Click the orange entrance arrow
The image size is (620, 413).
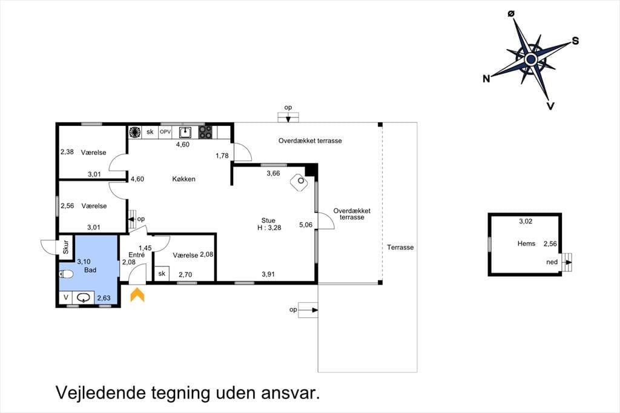pyautogui.click(x=137, y=295)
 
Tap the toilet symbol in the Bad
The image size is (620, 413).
pyautogui.click(x=66, y=274)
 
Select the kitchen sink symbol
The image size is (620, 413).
pyautogui.click(x=185, y=132)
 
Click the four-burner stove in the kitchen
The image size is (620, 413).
pyautogui.click(x=205, y=132)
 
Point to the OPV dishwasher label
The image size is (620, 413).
pyautogui.click(x=165, y=132)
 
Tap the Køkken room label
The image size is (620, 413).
pyautogui.click(x=184, y=179)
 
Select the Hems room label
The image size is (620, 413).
pyautogui.click(x=526, y=243)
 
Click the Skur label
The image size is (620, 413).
pyautogui.click(x=66, y=247)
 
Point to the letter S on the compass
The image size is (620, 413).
pyautogui.click(x=575, y=41)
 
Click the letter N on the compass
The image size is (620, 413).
pyautogui.click(x=486, y=79)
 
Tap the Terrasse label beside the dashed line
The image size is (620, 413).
pyautogui.click(x=400, y=247)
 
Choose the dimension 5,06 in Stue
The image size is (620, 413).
pyautogui.click(x=306, y=225)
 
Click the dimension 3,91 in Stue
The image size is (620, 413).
pyautogui.click(x=268, y=274)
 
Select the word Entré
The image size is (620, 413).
pyautogui.click(x=136, y=255)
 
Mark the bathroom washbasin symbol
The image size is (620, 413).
pyautogui.click(x=83, y=297)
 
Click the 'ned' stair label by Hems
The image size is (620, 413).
pyautogui.click(x=552, y=262)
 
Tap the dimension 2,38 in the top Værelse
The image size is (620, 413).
pyautogui.click(x=67, y=151)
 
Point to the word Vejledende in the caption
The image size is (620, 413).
pyautogui.click(x=101, y=393)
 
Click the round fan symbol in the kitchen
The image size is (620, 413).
pyautogui.click(x=135, y=132)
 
